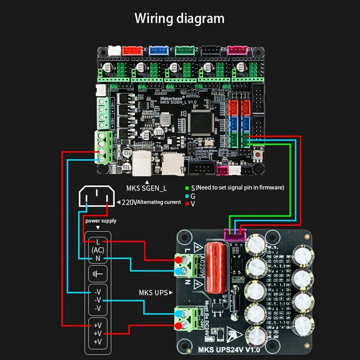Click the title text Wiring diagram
[x=180, y=18]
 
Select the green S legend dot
[x=186, y=187]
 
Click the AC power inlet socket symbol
[x=95, y=197]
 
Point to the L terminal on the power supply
[x=98, y=242]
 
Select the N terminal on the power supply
[x=98, y=258]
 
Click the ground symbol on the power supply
[x=98, y=274]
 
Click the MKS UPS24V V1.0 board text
[x=229, y=349]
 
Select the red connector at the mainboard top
[x=133, y=50]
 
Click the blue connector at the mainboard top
[x=159, y=50]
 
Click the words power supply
[x=101, y=220]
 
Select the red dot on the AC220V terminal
[x=179, y=261]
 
